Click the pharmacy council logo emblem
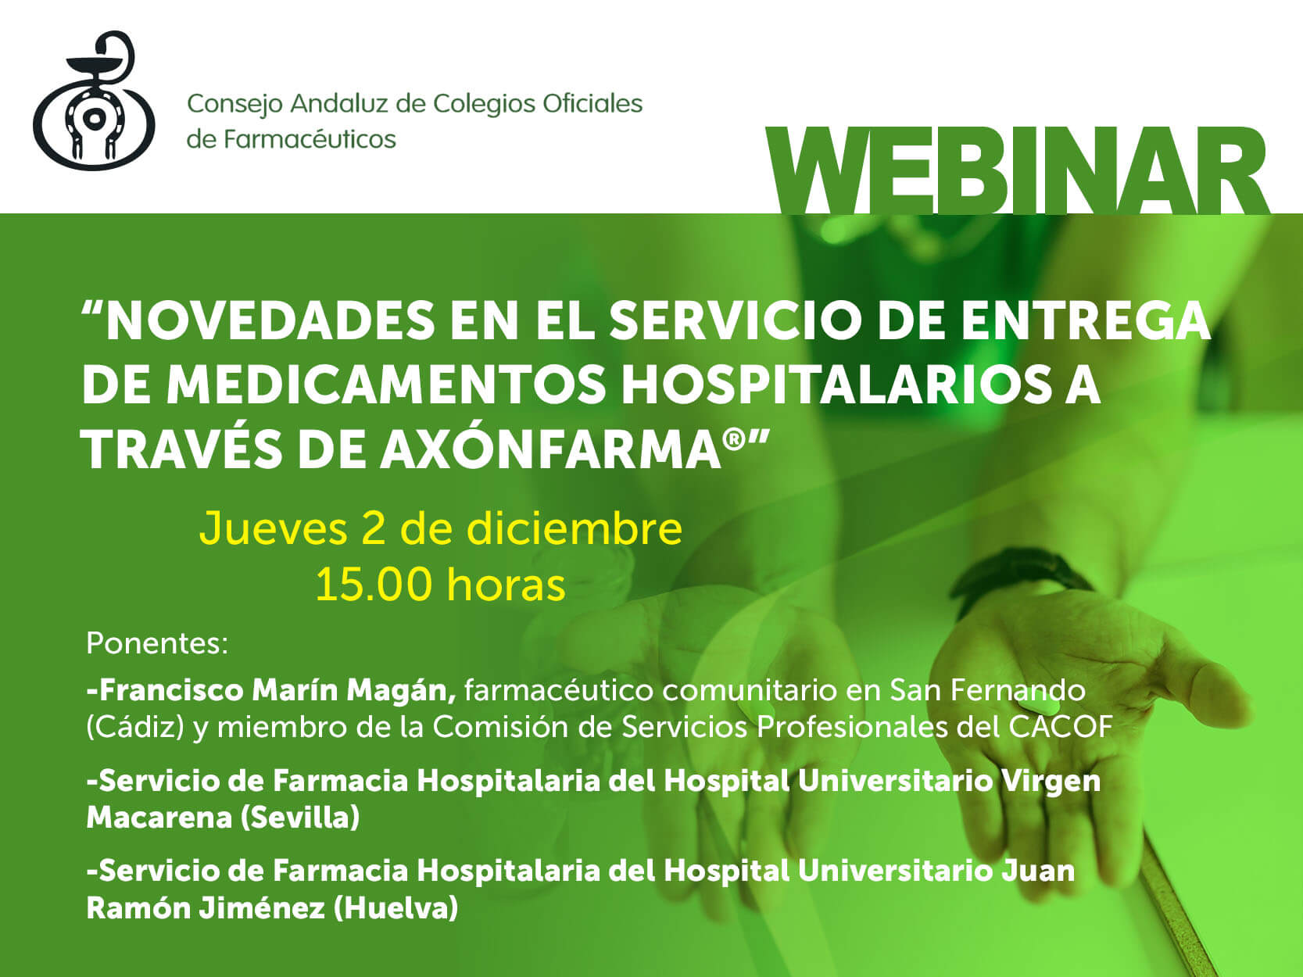tap(94, 101)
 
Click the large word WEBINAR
tap(1016, 171)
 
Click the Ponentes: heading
tap(157, 642)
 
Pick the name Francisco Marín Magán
tap(271, 690)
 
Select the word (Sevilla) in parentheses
tap(300, 818)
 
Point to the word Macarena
tap(159, 818)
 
